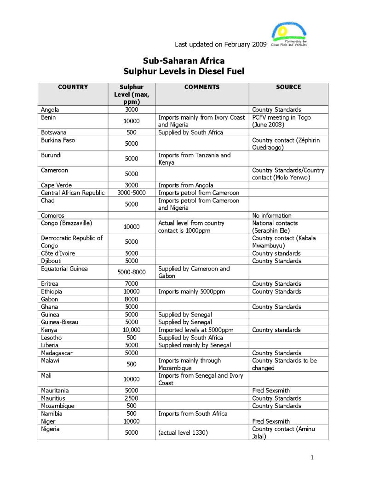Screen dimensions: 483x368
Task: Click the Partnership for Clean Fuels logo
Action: tap(289, 35)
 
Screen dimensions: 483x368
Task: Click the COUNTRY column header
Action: tap(73, 87)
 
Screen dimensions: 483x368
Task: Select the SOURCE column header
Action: tap(288, 87)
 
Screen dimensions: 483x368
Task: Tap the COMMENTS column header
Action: tap(202, 87)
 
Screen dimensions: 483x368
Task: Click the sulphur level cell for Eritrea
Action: tap(132, 284)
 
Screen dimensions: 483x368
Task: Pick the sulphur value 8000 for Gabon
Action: tap(132, 299)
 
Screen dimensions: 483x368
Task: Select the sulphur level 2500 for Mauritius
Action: tap(132, 398)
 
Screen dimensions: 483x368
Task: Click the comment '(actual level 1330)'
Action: tap(183, 433)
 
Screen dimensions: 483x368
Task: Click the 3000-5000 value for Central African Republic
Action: tap(132, 193)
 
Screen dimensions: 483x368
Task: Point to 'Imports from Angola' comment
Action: tap(186, 185)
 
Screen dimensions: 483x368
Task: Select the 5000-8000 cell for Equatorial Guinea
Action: tap(132, 272)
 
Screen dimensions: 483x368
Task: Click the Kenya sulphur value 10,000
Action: tap(132, 330)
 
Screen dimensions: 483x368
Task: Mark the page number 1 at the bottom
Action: tap(312, 457)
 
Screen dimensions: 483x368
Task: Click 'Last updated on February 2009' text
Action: tap(220, 45)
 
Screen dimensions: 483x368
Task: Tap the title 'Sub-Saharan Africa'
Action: tap(184, 61)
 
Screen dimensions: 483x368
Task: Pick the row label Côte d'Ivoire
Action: tap(58, 253)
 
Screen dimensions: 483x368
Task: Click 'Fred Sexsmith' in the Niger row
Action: tap(271, 421)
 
